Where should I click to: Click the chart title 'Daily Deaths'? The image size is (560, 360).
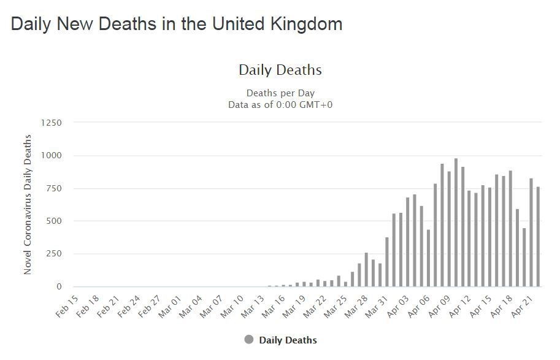click(x=280, y=70)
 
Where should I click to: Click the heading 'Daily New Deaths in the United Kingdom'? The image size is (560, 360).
click(x=177, y=24)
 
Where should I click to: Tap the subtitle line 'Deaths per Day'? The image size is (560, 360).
click(x=280, y=93)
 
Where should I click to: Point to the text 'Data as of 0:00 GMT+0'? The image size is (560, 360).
click(x=280, y=104)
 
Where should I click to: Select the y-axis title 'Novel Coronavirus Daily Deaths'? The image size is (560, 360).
click(x=28, y=204)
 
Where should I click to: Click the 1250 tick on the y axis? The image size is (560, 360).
click(x=52, y=123)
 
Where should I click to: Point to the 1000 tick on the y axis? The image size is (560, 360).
click(x=52, y=155)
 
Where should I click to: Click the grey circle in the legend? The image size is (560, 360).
click(x=248, y=340)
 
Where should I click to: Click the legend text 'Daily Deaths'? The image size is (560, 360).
click(x=288, y=340)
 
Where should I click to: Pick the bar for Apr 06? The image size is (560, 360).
click(x=429, y=258)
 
